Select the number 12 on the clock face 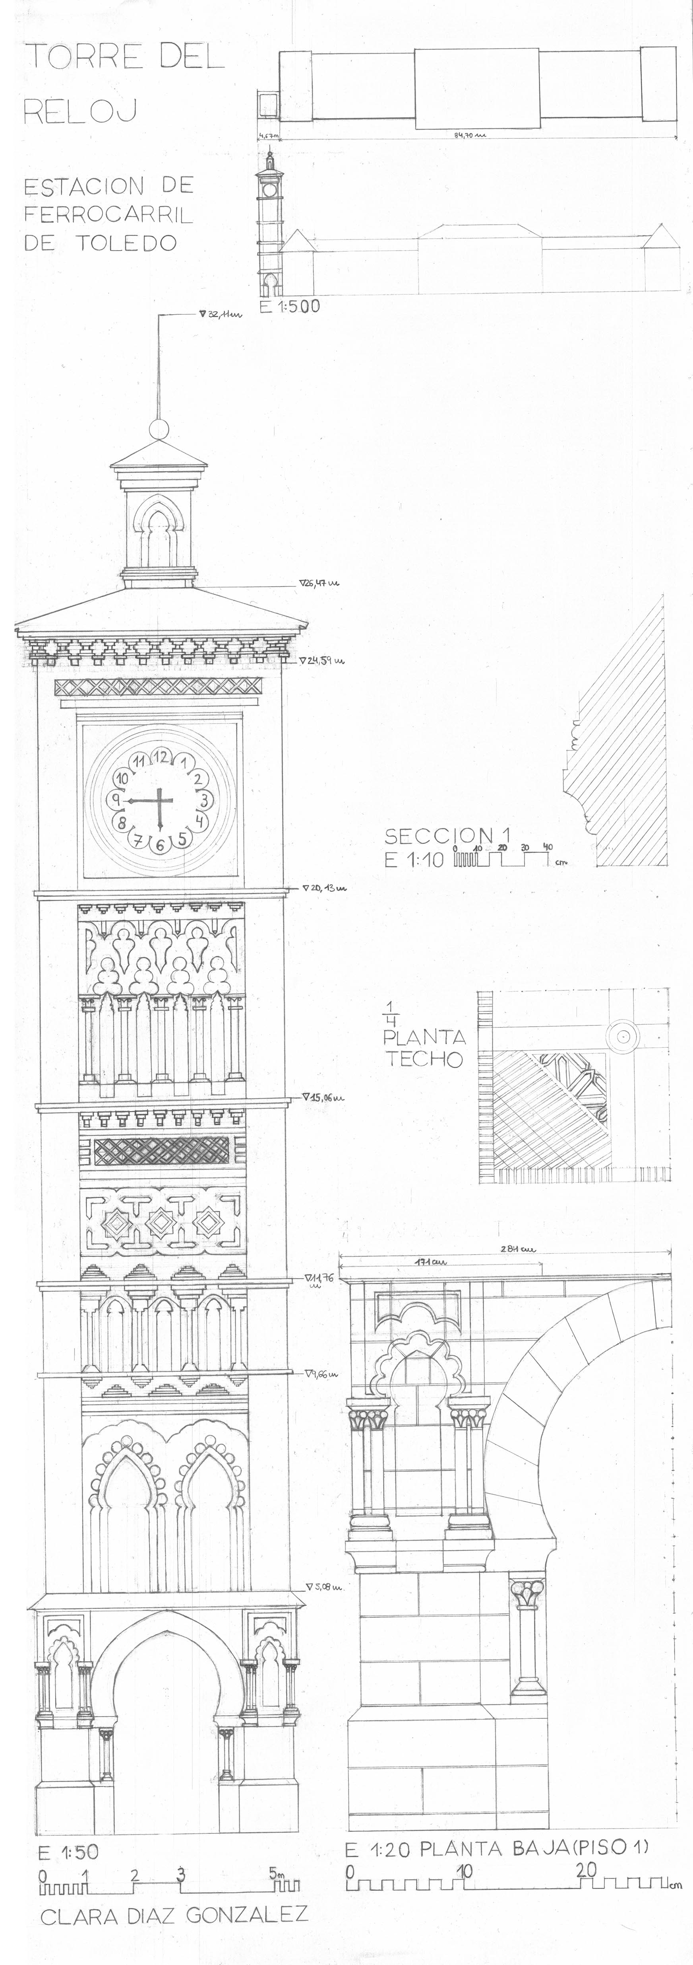160,756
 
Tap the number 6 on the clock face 160,844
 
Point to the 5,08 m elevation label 323,1588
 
